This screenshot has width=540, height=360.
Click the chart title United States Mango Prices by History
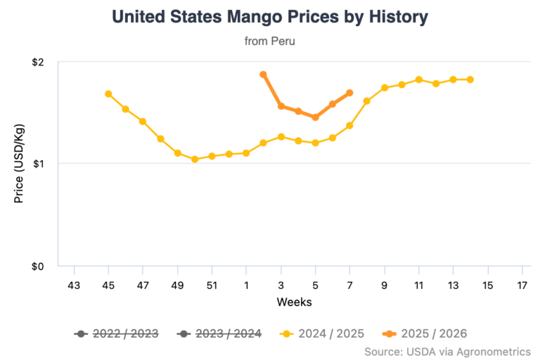coord(269,17)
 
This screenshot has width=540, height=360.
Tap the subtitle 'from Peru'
coord(269,41)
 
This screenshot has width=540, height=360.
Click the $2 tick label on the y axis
coord(38,62)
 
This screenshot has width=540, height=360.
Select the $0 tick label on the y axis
coord(38,266)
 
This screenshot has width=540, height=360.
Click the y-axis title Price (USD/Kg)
coord(19,164)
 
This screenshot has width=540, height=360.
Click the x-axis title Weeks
coord(294,302)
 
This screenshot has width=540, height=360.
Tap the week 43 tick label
coord(74,285)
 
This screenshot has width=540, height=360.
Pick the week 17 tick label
coord(522,285)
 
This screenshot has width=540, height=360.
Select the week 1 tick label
coord(246,285)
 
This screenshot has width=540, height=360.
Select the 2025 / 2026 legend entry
coord(425,333)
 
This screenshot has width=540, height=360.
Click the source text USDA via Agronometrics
coord(447,350)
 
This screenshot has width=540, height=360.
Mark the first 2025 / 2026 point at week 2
coord(263,75)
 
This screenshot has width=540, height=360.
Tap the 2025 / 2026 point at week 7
coord(349,93)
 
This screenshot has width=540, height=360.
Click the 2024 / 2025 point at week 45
coord(108,94)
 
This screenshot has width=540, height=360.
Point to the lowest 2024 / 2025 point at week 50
coord(195,160)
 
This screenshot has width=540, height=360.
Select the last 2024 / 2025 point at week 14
coord(470,79)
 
